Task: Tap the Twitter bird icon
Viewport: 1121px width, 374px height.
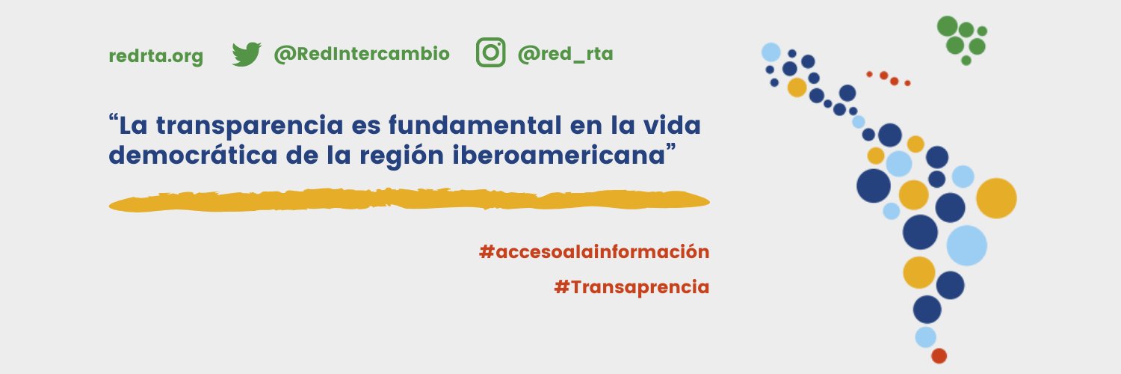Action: coord(246,54)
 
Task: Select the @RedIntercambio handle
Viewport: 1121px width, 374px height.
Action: coord(362,54)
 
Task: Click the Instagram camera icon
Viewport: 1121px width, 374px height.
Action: coord(491,53)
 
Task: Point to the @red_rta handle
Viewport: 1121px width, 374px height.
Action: coord(565,54)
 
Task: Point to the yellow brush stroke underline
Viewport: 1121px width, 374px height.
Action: coord(408,200)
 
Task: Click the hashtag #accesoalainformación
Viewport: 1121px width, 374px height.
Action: coord(593,251)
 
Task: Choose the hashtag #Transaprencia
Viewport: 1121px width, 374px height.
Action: coord(631,286)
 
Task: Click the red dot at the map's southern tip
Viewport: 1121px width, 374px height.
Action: coord(939,356)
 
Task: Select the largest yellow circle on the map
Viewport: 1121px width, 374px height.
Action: coord(996,198)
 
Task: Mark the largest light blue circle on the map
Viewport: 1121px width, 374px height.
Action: coord(966,245)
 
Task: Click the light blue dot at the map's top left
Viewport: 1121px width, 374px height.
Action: coord(771,52)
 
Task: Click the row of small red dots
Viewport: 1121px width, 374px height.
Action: coord(889,78)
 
